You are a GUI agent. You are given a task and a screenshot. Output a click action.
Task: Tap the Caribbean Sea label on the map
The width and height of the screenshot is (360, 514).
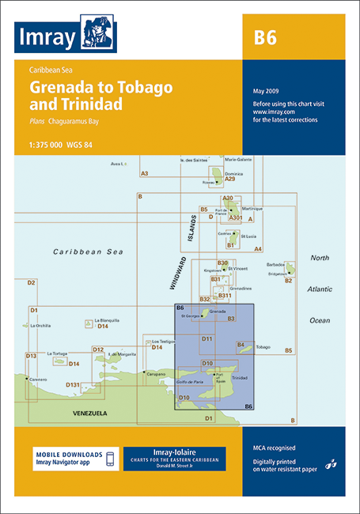(x=89, y=251)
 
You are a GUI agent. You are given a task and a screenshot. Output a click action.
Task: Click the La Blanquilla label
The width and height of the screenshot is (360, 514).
(x=107, y=319)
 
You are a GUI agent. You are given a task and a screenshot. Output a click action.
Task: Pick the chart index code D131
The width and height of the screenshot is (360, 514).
(x=73, y=384)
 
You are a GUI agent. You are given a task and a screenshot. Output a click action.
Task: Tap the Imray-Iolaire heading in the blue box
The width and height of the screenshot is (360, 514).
(x=174, y=452)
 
